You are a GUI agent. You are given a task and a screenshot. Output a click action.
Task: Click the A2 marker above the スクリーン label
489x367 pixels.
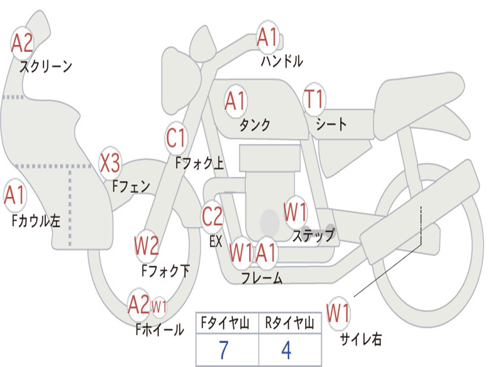click(x=22, y=43)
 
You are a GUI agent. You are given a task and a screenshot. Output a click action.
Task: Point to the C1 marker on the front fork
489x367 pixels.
click(x=176, y=138)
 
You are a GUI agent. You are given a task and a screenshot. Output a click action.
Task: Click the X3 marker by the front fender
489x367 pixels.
click(x=110, y=163)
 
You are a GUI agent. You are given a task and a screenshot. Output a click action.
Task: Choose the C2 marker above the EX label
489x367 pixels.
click(x=212, y=216)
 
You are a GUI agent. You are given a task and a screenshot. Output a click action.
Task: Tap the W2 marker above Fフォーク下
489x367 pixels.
click(x=146, y=246)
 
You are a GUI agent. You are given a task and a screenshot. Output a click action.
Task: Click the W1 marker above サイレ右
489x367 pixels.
click(x=338, y=313)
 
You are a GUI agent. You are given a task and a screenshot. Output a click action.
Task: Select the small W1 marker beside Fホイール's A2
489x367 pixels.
click(x=159, y=306)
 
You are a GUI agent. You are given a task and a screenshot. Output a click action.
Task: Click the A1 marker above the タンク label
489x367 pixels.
click(x=235, y=101)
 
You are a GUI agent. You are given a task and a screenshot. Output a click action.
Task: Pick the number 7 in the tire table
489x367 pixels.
click(x=223, y=350)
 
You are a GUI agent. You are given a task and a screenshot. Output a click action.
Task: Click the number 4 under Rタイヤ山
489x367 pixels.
click(x=287, y=350)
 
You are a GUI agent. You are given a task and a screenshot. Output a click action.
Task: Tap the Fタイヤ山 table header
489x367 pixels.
click(x=225, y=323)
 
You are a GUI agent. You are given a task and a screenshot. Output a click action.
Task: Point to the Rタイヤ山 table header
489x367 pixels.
click(x=290, y=323)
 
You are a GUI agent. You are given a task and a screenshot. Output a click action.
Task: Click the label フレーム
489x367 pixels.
click(x=262, y=278)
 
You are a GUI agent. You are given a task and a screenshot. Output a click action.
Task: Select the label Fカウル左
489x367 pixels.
click(x=36, y=221)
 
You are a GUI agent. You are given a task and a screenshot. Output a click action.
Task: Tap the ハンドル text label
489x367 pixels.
click(x=282, y=61)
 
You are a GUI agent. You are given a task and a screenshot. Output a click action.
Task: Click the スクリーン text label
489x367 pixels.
click(x=46, y=66)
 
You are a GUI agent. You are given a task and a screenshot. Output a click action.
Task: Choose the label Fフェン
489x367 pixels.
click(x=131, y=186)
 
